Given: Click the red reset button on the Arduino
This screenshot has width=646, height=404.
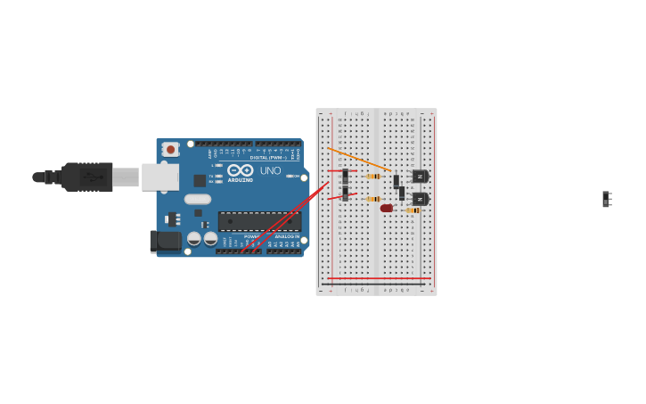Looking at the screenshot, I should click(170, 150).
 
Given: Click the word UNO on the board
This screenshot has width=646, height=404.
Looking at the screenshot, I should click(270, 170).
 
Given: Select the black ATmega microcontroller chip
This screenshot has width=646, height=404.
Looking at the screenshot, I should click(259, 221).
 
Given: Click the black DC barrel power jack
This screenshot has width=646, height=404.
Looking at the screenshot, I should click(165, 241).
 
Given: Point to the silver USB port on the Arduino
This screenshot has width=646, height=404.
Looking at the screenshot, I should click(159, 177).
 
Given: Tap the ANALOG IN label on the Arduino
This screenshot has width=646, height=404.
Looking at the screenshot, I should click(287, 236).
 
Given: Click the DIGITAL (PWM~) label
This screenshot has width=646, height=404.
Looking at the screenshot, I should click(267, 158).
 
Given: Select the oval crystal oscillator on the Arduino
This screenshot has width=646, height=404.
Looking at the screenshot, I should click(198, 199).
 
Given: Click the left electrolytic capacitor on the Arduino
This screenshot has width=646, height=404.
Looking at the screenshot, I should click(194, 239).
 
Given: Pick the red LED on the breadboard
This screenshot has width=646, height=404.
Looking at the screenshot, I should click(387, 208).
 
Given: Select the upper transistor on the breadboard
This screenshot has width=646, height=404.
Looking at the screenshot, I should click(420, 177).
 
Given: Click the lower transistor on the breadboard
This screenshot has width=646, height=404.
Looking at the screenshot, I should click(420, 199).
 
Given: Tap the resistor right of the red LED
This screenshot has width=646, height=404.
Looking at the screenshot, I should click(413, 210).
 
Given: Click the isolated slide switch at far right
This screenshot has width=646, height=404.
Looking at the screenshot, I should click(607, 199).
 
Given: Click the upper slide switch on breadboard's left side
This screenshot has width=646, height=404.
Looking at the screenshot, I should click(345, 176).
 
